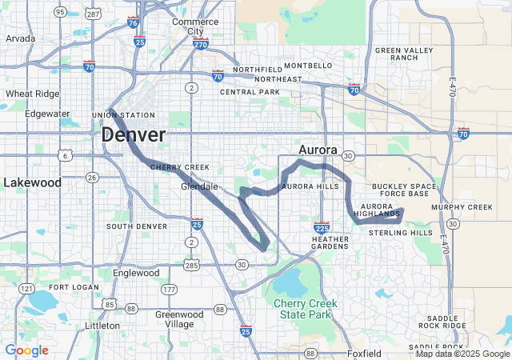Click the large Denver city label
(133, 135)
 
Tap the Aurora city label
(318, 150)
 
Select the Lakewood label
(32, 182)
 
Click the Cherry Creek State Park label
(306, 309)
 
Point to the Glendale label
(199, 186)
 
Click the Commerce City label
(195, 26)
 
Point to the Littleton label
(102, 326)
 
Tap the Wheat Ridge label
(33, 94)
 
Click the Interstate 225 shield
(322, 228)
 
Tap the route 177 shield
(170, 289)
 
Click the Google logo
(26, 350)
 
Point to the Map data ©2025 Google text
(462, 354)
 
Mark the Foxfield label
(366, 353)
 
